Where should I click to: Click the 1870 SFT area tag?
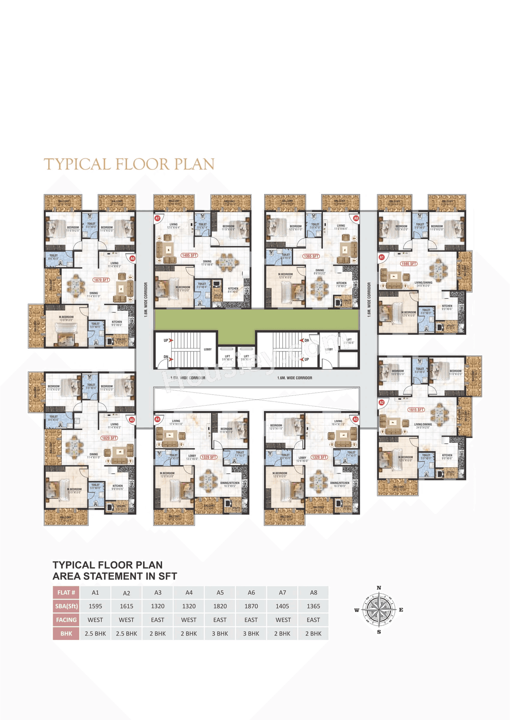101,280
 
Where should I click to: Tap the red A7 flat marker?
157,218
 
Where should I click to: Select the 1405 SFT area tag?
189,255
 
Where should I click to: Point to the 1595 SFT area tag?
409,264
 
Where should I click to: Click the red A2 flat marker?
382,403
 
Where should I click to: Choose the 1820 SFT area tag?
109,438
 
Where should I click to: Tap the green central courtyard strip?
257,320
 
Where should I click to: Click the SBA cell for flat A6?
251,606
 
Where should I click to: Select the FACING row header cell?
66,620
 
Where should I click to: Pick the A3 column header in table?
158,592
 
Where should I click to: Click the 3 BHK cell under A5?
220,634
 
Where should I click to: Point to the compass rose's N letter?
379,588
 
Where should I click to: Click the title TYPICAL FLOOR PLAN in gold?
129,164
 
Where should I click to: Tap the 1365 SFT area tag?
311,256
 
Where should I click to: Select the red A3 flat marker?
355,419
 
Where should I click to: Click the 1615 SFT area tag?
416,410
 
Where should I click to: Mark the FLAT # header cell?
66,592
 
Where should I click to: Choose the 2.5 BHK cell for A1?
95,634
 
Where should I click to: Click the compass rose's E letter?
401,610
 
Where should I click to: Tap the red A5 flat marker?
131,420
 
